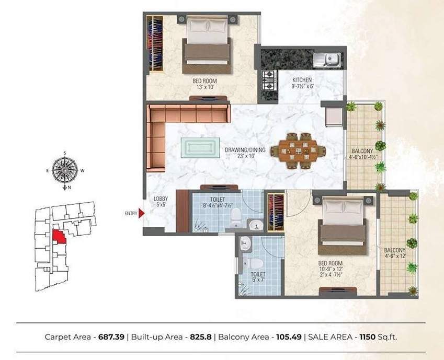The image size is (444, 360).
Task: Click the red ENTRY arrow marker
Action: [x=141, y=213]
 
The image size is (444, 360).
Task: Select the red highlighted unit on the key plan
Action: [x=60, y=236]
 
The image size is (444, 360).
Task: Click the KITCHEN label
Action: [x=302, y=80]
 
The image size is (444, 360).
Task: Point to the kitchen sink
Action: [x=331, y=59]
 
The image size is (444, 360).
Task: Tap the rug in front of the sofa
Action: [x=200, y=147]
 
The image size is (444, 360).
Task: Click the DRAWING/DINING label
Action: [x=245, y=150]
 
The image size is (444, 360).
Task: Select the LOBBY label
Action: [x=160, y=199]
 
